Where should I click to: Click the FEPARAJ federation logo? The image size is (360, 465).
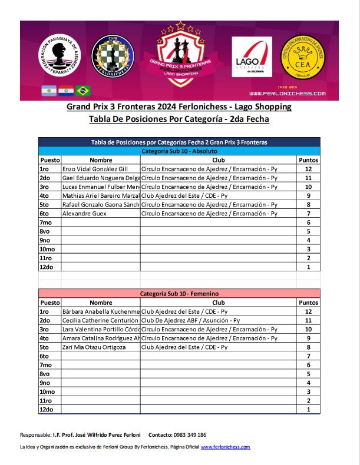(x=60, y=57)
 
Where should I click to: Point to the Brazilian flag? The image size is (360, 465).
(x=83, y=91)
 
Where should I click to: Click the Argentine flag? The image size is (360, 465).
(x=49, y=91)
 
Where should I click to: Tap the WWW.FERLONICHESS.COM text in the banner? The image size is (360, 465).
(x=287, y=94)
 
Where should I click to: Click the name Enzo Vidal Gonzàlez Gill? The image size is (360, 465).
(x=95, y=169)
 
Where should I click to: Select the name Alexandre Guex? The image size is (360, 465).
(x=84, y=213)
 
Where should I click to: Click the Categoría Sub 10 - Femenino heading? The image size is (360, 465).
(x=179, y=293)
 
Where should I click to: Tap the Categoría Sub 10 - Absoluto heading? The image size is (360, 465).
(x=179, y=151)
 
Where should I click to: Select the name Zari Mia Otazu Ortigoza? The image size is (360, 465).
(x=94, y=347)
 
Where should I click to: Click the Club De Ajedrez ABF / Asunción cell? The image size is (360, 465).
(x=191, y=321)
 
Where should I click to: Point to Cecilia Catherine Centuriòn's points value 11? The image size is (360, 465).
(x=308, y=321)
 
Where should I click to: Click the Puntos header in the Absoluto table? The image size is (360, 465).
(x=308, y=160)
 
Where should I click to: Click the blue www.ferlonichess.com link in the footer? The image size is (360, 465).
(x=226, y=447)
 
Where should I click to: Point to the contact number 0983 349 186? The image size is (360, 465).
(x=190, y=435)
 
